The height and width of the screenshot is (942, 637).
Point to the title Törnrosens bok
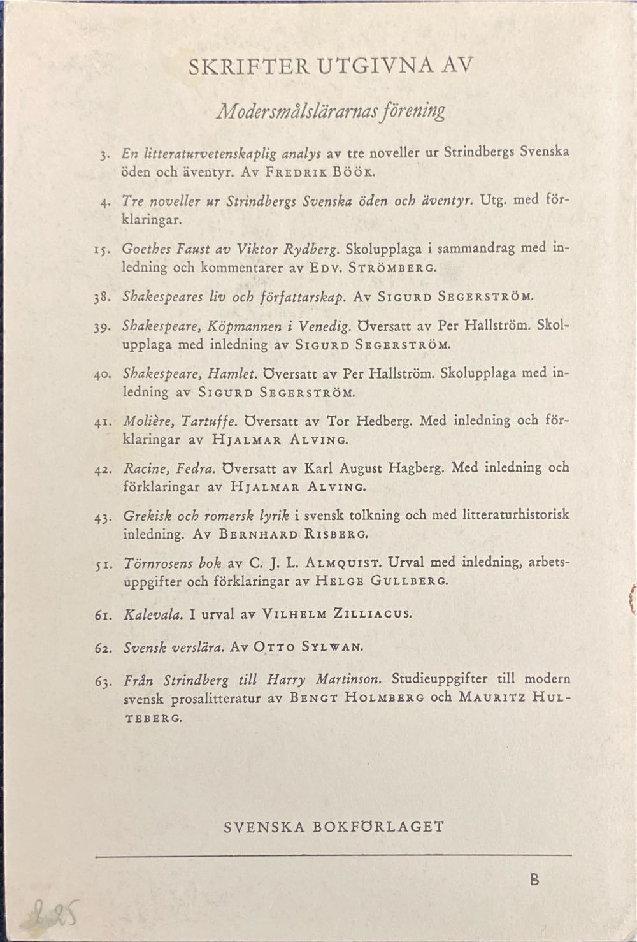[x=172, y=563]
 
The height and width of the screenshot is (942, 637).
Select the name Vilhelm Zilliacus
[x=338, y=615]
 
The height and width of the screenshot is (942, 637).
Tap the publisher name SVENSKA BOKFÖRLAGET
[x=334, y=827]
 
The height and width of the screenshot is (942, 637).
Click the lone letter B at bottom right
[x=534, y=880]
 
